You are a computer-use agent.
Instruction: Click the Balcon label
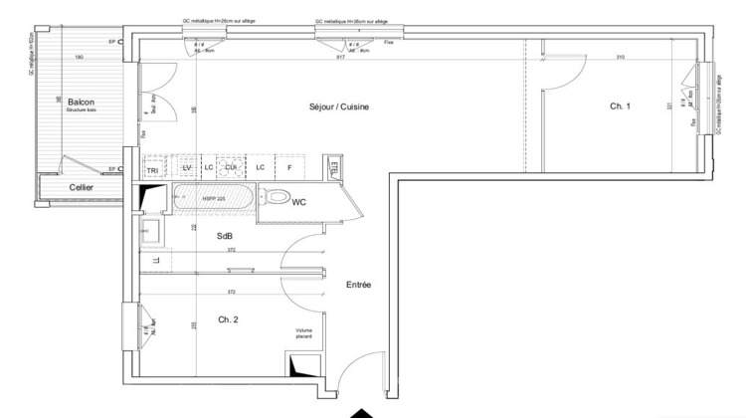click(81, 102)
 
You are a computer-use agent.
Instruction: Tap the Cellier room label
click(83, 187)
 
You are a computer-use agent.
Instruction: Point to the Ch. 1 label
click(621, 106)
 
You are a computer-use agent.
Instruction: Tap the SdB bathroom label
click(226, 235)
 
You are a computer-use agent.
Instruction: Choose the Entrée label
click(358, 285)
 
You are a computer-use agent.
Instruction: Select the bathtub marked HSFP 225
click(213, 200)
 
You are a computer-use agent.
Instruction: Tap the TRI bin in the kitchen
click(153, 169)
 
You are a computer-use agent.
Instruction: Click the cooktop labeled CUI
click(230, 167)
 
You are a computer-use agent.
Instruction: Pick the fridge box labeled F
click(289, 167)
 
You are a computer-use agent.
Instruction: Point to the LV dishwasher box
click(185, 167)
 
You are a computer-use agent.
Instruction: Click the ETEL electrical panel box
click(334, 167)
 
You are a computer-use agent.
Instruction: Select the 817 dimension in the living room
click(341, 58)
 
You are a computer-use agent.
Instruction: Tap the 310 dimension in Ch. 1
click(620, 58)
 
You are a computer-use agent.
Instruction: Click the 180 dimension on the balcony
click(79, 58)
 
